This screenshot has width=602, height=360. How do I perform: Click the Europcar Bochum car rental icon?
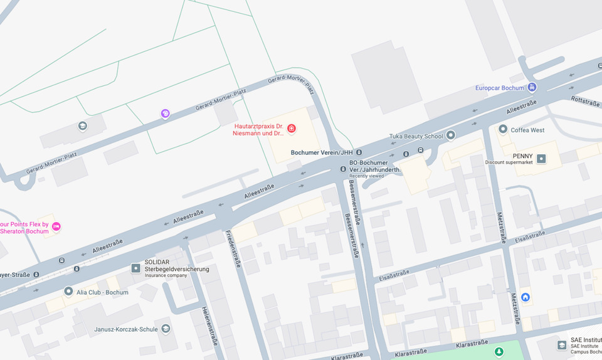point(532,87)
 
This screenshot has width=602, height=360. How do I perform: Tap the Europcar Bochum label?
point(499,88)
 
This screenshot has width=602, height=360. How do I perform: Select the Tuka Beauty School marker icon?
point(450,136)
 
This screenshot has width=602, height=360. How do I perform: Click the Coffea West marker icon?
point(502,130)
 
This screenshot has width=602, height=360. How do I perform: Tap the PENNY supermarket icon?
point(541,159)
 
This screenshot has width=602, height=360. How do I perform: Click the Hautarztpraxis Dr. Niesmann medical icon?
point(291,129)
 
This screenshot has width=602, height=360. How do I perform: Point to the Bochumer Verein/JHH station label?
point(322,152)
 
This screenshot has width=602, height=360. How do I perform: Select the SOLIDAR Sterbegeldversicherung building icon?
point(135,268)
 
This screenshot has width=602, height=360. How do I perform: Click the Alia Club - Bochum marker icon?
point(68,292)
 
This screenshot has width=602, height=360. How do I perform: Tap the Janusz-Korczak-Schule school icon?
point(166,329)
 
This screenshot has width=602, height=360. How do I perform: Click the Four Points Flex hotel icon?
point(56,226)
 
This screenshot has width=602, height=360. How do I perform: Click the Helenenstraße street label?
point(209,326)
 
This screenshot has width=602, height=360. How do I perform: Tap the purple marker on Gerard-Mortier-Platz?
point(165,114)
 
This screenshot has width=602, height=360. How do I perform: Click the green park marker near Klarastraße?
point(499,352)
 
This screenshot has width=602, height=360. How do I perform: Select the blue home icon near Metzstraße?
point(525,297)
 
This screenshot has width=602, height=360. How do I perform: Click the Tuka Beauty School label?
point(416,136)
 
